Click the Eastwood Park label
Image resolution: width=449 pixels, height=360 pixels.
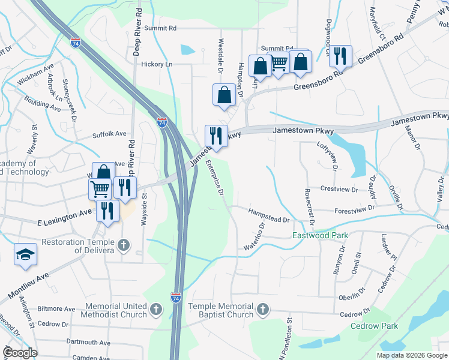pos(320,236)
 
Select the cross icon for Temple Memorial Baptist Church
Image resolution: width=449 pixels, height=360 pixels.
pos(262,310)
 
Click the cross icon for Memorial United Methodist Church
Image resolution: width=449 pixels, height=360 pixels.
pos(155,310)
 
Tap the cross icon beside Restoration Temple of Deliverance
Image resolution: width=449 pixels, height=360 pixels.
pos(124,245)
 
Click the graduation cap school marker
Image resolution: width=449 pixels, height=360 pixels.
pos(25,254)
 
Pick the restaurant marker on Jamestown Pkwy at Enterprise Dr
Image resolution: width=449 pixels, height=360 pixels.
pos(215,136)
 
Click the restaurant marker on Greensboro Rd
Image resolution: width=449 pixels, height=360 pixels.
pos(340,56)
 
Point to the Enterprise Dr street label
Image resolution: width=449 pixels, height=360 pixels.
pos(214,178)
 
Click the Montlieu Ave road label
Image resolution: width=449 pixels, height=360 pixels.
pos(28,287)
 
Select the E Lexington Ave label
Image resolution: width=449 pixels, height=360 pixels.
pos(66,214)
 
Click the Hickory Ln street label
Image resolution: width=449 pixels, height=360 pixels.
pos(157,64)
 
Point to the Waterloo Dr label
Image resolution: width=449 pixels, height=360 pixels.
pos(255,238)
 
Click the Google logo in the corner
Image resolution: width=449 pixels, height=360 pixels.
pos(20,353)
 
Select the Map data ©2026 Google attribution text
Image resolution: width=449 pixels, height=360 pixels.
pos(411,355)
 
